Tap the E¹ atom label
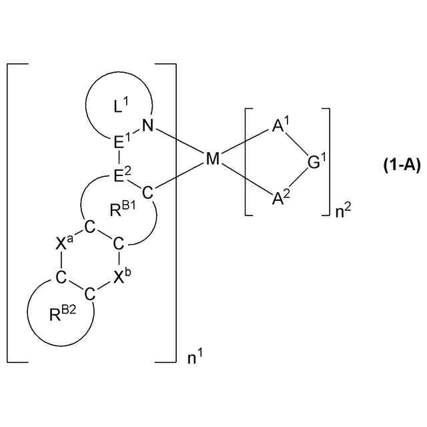[x=121, y=142]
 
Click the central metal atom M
[x=212, y=159]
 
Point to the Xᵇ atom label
[x=121, y=276]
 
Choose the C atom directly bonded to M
[x=148, y=192]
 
